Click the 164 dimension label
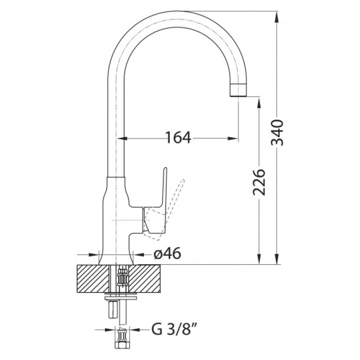tap(178, 138)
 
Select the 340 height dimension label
tap(277, 132)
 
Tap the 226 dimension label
tap(259, 182)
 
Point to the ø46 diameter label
tap(167, 254)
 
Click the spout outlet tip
tap(238, 95)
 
